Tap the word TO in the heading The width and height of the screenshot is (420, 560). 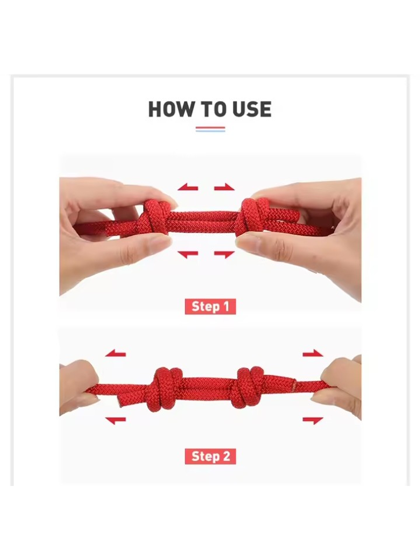click(x=213, y=109)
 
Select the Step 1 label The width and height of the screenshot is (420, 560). click(x=210, y=307)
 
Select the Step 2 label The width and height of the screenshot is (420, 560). click(x=210, y=456)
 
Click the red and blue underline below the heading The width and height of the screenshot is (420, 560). click(x=210, y=129)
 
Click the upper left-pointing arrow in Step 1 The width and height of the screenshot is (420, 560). click(x=188, y=187)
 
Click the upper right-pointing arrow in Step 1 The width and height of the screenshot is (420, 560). click(x=224, y=187)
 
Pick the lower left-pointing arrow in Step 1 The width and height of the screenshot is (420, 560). click(x=188, y=254)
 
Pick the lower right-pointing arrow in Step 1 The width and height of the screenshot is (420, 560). click(x=224, y=254)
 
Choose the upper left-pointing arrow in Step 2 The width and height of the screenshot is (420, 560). click(x=116, y=353)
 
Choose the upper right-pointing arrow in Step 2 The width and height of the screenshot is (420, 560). click(x=313, y=353)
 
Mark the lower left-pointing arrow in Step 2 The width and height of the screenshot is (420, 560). click(x=116, y=420)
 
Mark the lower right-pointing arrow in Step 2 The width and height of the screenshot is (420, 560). click(x=313, y=420)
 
